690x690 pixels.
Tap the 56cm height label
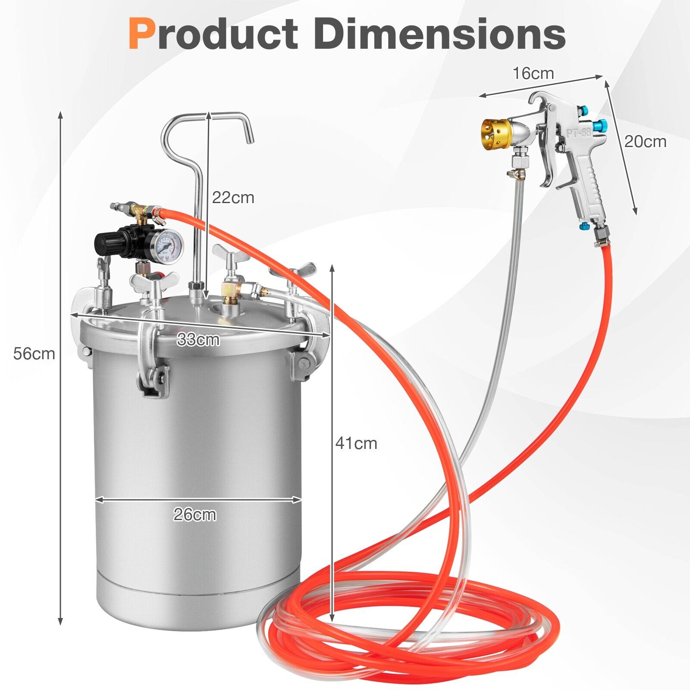click(x=34, y=354)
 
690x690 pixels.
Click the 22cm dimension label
click(x=233, y=198)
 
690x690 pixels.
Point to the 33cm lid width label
click(x=198, y=340)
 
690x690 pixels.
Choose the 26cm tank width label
click(x=194, y=514)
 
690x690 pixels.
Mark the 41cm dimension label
click(x=356, y=443)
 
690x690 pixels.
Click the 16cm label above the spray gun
click(x=533, y=73)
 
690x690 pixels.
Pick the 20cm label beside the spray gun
click(x=645, y=141)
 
